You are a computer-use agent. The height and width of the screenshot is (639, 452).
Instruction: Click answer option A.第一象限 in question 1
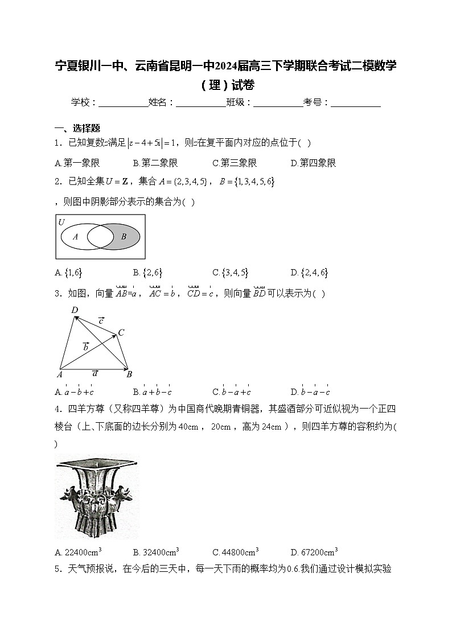(77, 163)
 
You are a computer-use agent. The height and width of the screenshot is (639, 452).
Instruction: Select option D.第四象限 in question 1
(313, 163)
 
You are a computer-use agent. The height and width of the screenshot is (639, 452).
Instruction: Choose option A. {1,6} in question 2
(69, 273)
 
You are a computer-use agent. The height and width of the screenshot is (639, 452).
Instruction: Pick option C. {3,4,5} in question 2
(230, 273)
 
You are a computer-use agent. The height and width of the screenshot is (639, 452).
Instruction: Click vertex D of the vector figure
(75, 310)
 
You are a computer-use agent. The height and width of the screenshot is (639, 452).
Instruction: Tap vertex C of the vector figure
(121, 332)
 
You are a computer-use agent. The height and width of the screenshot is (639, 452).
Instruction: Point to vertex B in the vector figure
(129, 374)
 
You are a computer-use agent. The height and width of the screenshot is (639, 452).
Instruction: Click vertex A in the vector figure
(59, 374)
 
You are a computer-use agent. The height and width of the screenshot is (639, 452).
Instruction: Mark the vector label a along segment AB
(95, 373)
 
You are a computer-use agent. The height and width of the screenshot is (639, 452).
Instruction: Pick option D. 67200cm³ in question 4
(314, 551)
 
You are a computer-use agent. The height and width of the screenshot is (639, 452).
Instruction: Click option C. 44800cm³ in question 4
(235, 551)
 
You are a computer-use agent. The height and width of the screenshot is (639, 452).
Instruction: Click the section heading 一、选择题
(77, 128)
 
